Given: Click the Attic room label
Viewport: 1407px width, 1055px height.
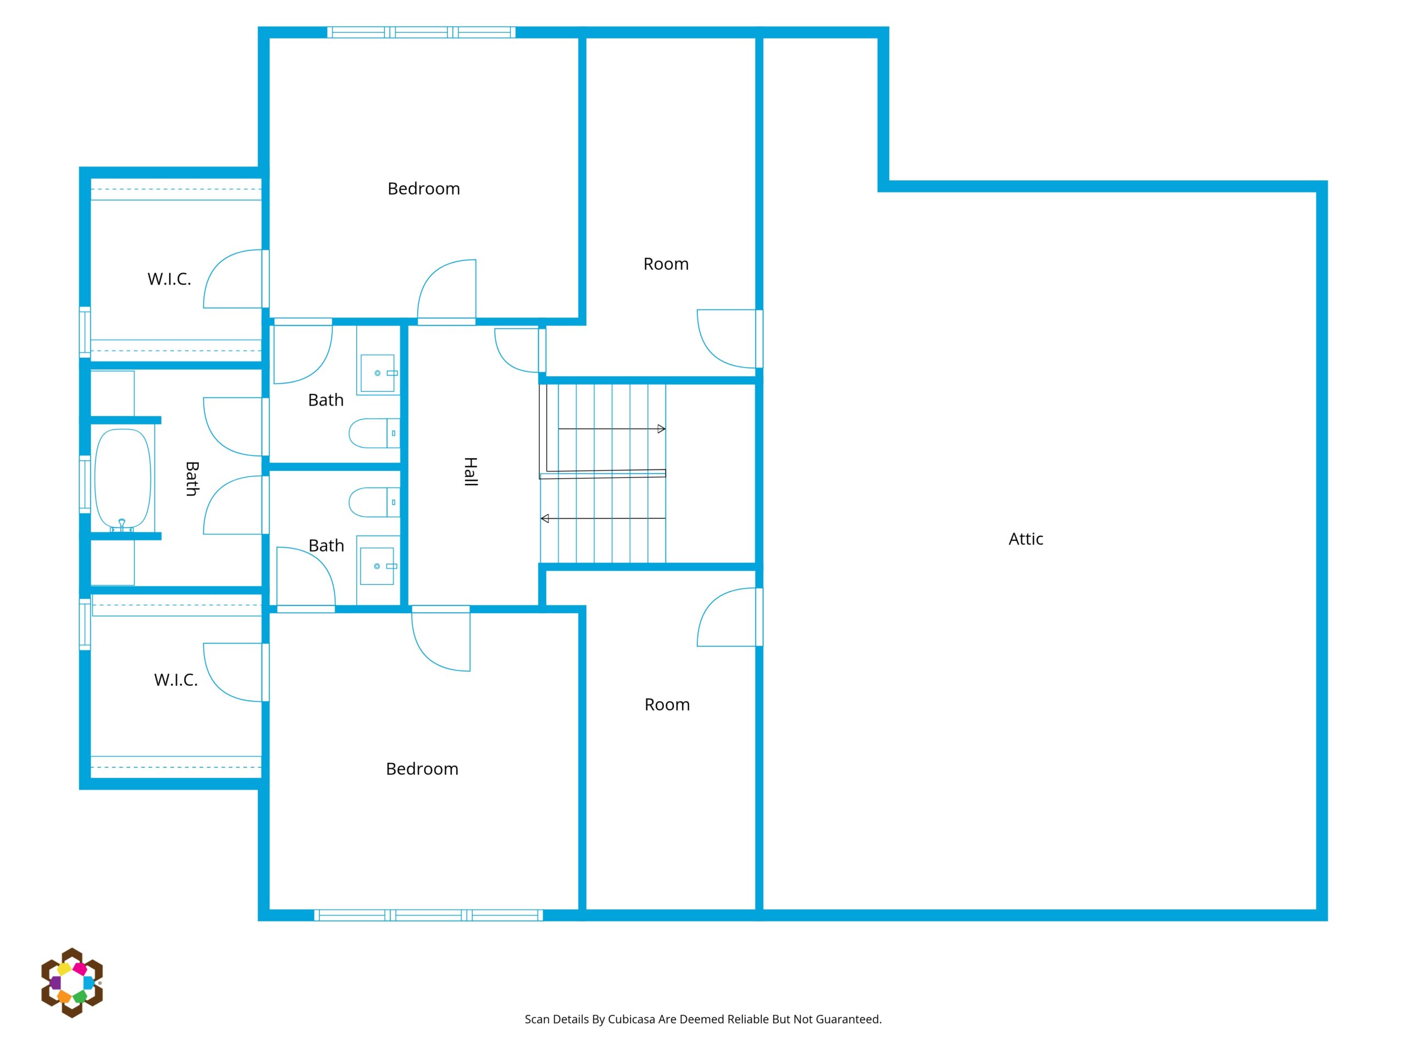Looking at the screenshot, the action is coord(1026,539).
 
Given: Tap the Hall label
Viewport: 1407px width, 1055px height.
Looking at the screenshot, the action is coord(470,471).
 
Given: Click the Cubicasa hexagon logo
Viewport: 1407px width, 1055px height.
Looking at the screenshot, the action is coord(72,982).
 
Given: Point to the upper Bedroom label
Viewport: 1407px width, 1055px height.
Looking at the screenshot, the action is coord(424,189).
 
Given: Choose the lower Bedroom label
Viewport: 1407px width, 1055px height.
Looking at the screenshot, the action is coord(422,769).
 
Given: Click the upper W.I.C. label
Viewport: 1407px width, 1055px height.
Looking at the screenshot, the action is coord(169,279).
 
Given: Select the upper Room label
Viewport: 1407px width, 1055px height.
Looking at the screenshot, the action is coord(666,264).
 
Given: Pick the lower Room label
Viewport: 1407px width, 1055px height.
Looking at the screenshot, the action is coord(667,704).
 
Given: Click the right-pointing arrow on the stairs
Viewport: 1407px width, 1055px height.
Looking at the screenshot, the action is coord(612,429).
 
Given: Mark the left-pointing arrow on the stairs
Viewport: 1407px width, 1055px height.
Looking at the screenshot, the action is coord(603,518).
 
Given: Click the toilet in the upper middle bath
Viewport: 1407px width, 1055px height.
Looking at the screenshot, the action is coord(374,433).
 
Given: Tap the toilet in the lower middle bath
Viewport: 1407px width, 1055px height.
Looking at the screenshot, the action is coord(374,502).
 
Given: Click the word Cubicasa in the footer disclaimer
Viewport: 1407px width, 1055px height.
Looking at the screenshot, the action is coord(631,1019).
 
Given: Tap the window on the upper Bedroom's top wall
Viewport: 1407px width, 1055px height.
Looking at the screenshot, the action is coord(421,32).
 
